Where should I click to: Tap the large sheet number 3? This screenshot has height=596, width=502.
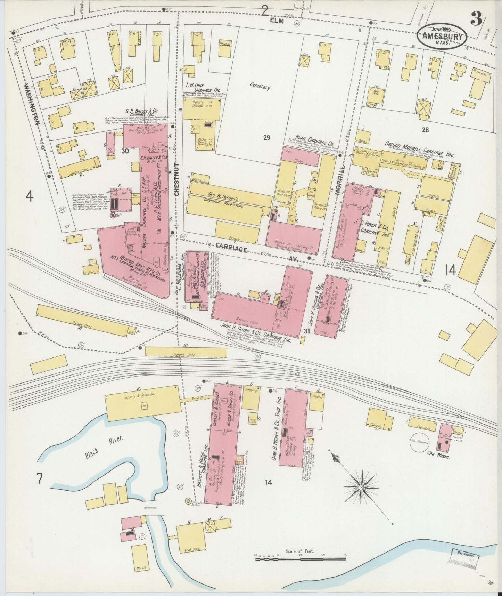click(476, 20)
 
